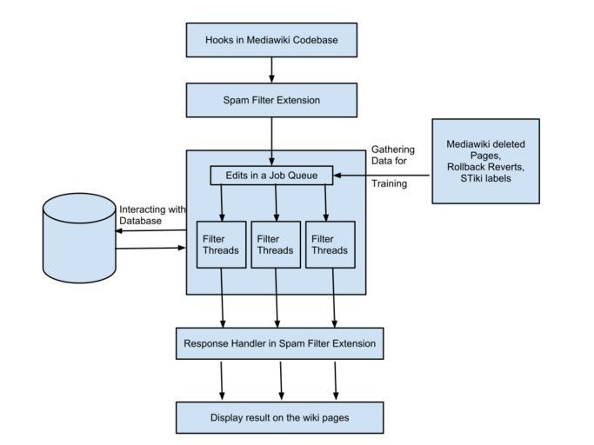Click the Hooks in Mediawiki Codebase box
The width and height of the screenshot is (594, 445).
point(271,40)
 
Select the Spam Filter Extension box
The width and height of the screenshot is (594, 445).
point(271,100)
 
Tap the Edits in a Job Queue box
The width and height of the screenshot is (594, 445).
point(271,176)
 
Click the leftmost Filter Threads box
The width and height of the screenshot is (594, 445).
point(221,244)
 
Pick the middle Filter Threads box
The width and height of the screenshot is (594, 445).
point(276,244)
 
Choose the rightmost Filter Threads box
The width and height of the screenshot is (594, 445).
point(330,244)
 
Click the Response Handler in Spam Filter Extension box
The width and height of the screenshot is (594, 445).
point(279,344)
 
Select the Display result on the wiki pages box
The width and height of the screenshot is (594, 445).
point(279,418)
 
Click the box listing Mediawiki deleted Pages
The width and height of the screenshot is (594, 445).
point(485,162)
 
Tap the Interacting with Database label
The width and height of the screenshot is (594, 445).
point(152,215)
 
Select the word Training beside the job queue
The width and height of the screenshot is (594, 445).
point(389,183)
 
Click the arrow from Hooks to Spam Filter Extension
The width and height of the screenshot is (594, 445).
point(271,70)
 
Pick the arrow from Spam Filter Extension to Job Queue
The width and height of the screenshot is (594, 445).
point(271,139)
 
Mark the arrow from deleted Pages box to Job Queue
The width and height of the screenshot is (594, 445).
point(383,176)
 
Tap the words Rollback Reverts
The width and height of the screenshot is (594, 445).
point(485,167)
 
